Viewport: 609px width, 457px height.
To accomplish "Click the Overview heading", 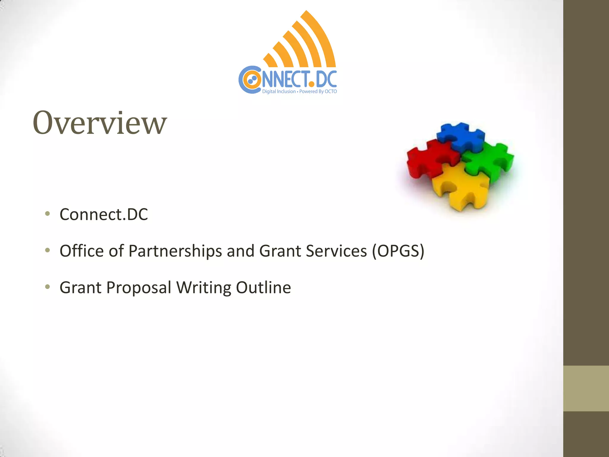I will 100,123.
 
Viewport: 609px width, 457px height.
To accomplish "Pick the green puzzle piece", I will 489,161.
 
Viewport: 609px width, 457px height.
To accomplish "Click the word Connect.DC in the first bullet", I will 103,214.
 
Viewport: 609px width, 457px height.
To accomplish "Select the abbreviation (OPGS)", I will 398,251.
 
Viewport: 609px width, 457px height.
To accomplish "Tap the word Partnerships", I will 175,251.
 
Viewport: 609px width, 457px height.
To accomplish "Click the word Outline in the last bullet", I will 263,287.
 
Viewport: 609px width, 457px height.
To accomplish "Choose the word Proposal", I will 139,287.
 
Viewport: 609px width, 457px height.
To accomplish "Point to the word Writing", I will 204,287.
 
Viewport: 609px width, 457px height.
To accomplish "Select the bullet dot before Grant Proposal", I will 47,287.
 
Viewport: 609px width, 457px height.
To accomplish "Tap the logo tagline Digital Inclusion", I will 279,92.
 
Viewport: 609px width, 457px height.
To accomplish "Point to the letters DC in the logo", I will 326,79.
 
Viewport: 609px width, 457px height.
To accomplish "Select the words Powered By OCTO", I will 318,92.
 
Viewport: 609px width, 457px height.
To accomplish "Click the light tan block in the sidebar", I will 586,388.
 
